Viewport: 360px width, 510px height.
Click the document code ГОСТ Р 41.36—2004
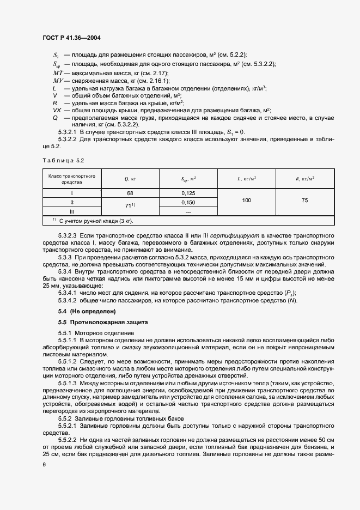[x=71, y=38]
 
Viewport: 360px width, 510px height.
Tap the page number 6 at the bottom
[x=44, y=464]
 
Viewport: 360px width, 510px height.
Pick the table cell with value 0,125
[x=188, y=193]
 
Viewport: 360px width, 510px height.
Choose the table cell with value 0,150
[x=188, y=202]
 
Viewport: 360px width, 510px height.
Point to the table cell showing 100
[x=247, y=201]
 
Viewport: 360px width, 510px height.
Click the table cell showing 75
[x=304, y=201]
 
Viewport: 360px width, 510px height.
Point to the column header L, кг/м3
[x=247, y=179]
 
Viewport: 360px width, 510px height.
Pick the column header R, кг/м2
[x=304, y=179]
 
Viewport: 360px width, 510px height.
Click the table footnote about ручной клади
[x=93, y=221]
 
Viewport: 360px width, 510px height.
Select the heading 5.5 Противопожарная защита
[x=93, y=322]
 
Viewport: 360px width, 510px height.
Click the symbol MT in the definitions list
[x=58, y=72]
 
